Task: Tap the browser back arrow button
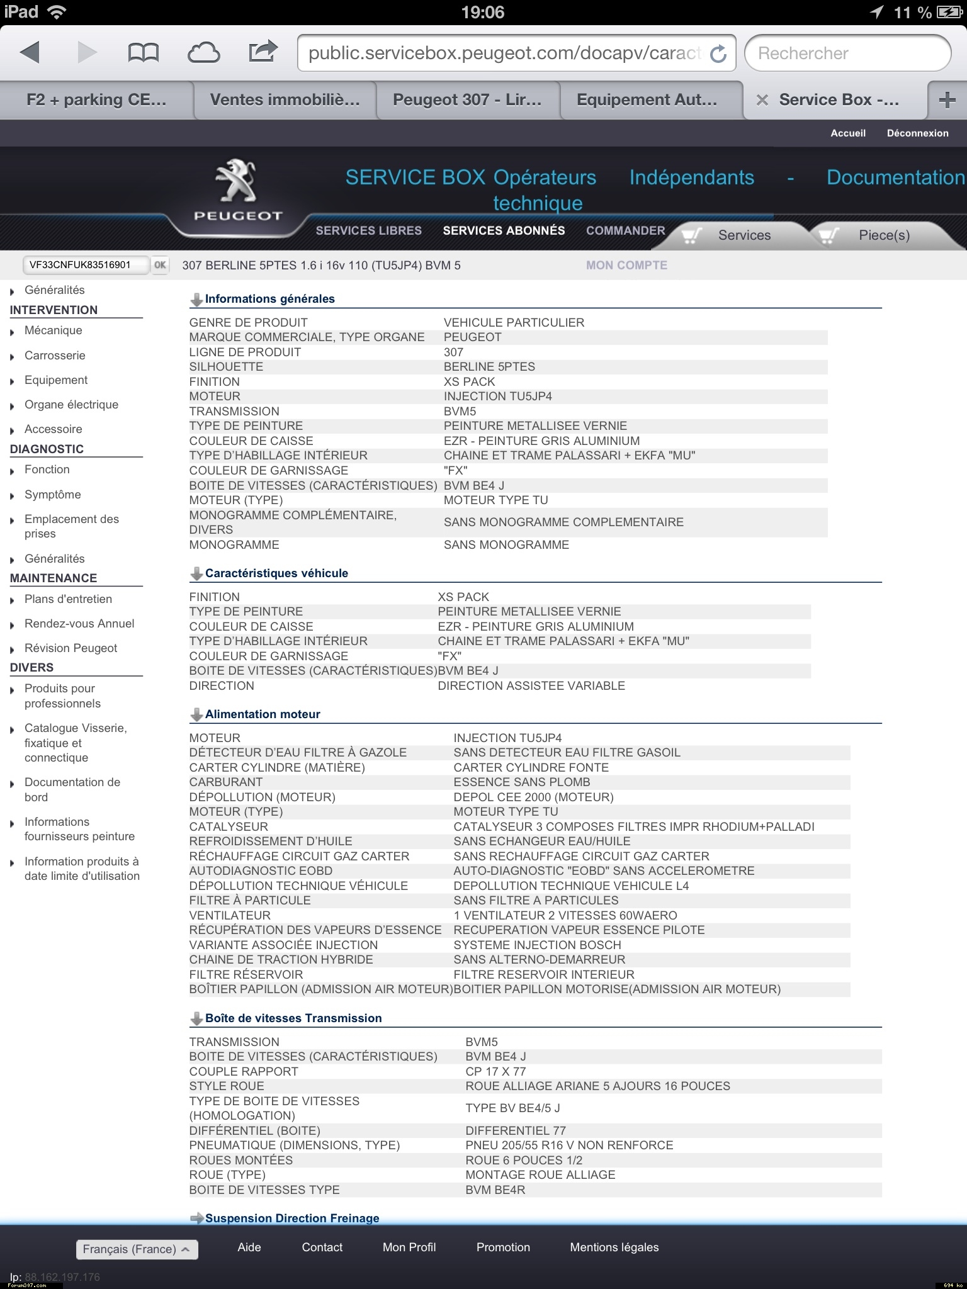pyautogui.click(x=30, y=53)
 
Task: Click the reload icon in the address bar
pyautogui.click(x=718, y=54)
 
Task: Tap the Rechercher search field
pyautogui.click(x=847, y=53)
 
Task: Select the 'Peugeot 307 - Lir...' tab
pyautogui.click(x=467, y=100)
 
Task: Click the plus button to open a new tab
pyautogui.click(x=947, y=100)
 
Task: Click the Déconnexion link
pyautogui.click(x=917, y=133)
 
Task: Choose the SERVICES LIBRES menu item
pyautogui.click(x=368, y=231)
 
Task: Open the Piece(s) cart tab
pyautogui.click(x=883, y=235)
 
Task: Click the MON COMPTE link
pyautogui.click(x=626, y=266)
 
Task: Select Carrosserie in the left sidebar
pyautogui.click(x=55, y=356)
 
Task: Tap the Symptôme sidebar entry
pyautogui.click(x=53, y=495)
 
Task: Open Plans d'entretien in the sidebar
pyautogui.click(x=68, y=599)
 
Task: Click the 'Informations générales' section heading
pyautogui.click(x=269, y=299)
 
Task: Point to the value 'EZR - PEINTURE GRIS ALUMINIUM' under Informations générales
pyautogui.click(x=541, y=441)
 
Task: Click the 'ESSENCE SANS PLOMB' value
pyautogui.click(x=522, y=782)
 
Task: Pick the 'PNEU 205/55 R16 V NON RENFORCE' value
pyautogui.click(x=569, y=1145)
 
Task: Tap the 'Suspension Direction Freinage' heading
pyautogui.click(x=292, y=1219)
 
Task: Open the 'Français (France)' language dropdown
pyautogui.click(x=137, y=1249)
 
